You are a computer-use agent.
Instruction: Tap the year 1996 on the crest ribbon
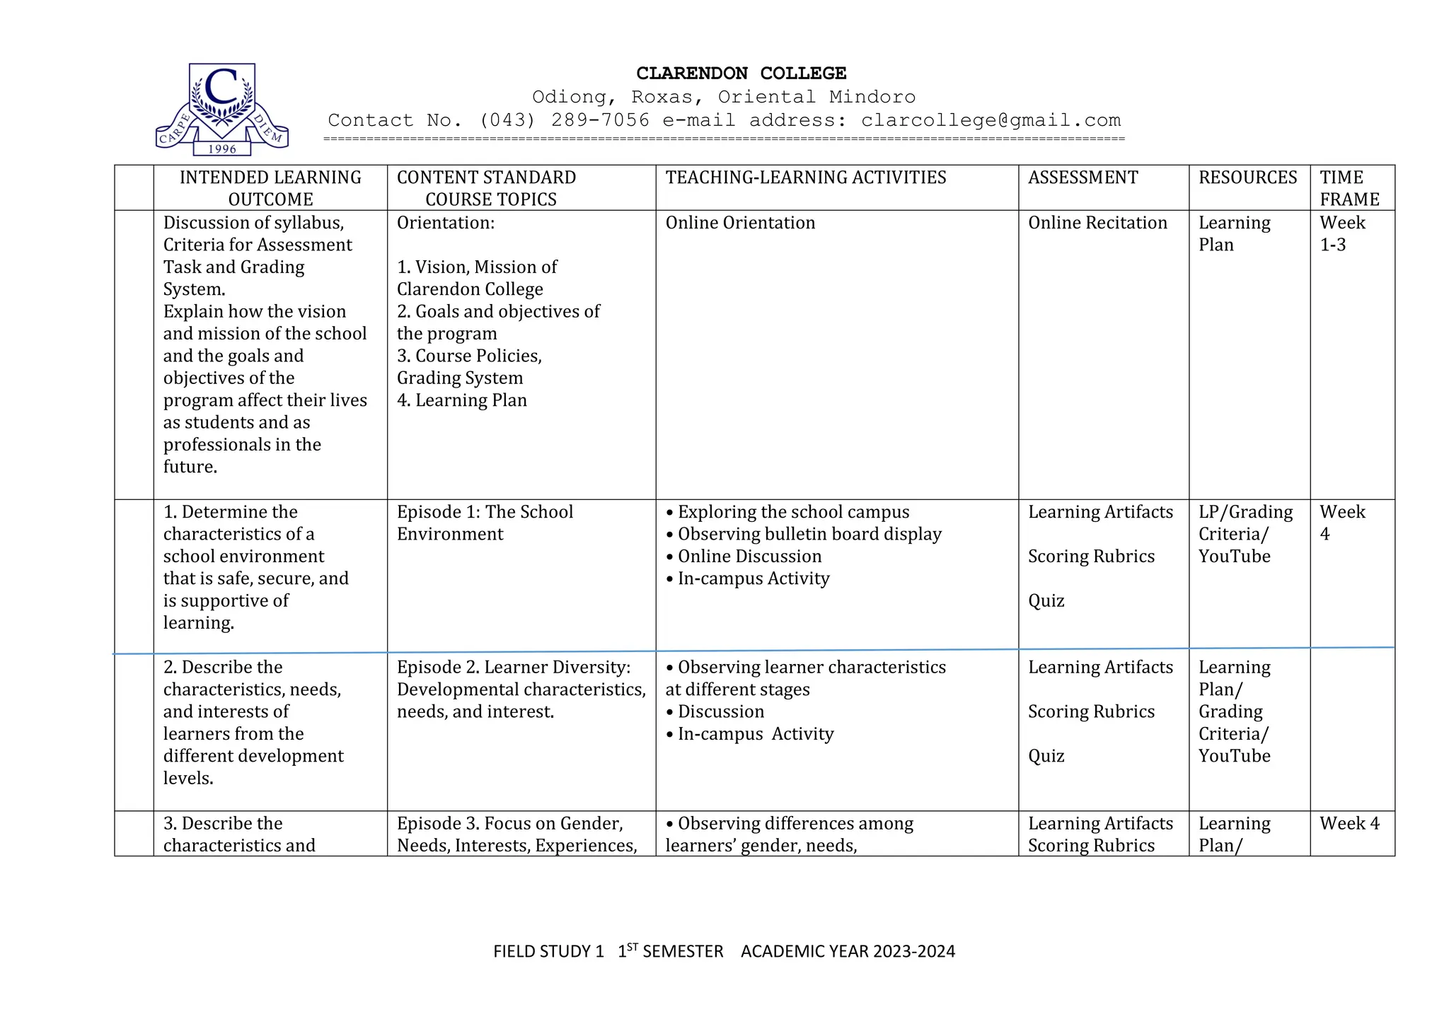tap(222, 149)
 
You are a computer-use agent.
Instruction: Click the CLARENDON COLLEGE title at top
tap(741, 74)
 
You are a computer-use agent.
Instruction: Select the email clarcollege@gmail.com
tap(991, 120)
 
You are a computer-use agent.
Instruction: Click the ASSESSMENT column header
tap(1083, 178)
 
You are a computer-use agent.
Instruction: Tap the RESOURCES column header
tap(1247, 178)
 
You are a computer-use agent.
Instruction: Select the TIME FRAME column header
tap(1349, 188)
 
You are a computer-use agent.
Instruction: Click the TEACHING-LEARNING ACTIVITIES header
tap(805, 178)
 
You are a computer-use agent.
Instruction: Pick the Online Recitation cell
tap(1097, 223)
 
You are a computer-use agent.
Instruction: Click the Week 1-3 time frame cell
tap(1341, 233)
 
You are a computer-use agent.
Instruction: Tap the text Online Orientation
tap(740, 223)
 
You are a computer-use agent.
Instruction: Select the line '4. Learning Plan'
tap(461, 400)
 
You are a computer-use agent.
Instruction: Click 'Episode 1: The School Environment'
tap(485, 523)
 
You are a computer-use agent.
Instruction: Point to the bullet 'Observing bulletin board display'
tap(809, 534)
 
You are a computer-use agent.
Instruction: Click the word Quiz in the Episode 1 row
tap(1046, 600)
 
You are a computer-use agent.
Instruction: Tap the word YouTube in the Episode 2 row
tap(1234, 756)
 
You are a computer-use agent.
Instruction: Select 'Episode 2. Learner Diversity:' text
tap(513, 667)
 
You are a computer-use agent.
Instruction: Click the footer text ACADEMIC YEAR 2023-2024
tap(848, 951)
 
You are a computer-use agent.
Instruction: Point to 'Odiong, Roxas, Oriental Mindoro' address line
tap(723, 97)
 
